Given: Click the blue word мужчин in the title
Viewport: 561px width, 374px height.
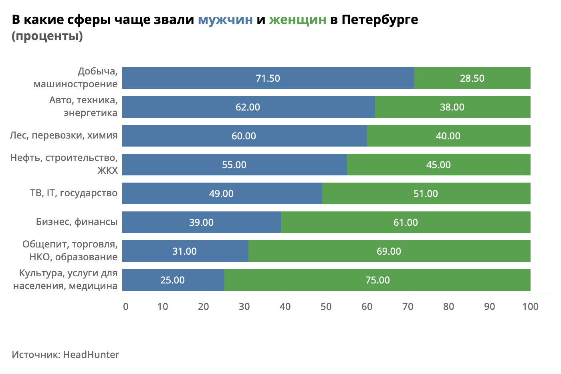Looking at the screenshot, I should [225, 20].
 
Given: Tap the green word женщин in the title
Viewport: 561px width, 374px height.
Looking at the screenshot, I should [297, 20].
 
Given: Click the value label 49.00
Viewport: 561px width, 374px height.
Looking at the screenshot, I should [221, 193].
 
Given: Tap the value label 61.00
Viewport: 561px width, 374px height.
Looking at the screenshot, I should [406, 222].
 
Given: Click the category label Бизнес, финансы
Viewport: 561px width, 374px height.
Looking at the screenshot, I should [77, 222].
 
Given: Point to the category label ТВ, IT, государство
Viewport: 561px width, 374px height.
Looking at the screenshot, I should [74, 193].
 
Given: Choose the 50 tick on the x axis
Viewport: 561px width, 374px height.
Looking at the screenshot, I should [326, 306].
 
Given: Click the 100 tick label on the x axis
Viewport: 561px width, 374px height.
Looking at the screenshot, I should [531, 306].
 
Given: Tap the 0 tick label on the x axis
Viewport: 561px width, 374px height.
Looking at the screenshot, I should [125, 306].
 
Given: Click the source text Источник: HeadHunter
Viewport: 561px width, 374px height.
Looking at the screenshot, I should [65, 354].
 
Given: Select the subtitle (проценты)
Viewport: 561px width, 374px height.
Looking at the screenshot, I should [47, 36].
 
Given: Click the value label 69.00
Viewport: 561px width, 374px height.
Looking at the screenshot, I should [389, 251].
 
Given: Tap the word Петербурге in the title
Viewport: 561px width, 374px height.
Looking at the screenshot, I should [379, 20].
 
